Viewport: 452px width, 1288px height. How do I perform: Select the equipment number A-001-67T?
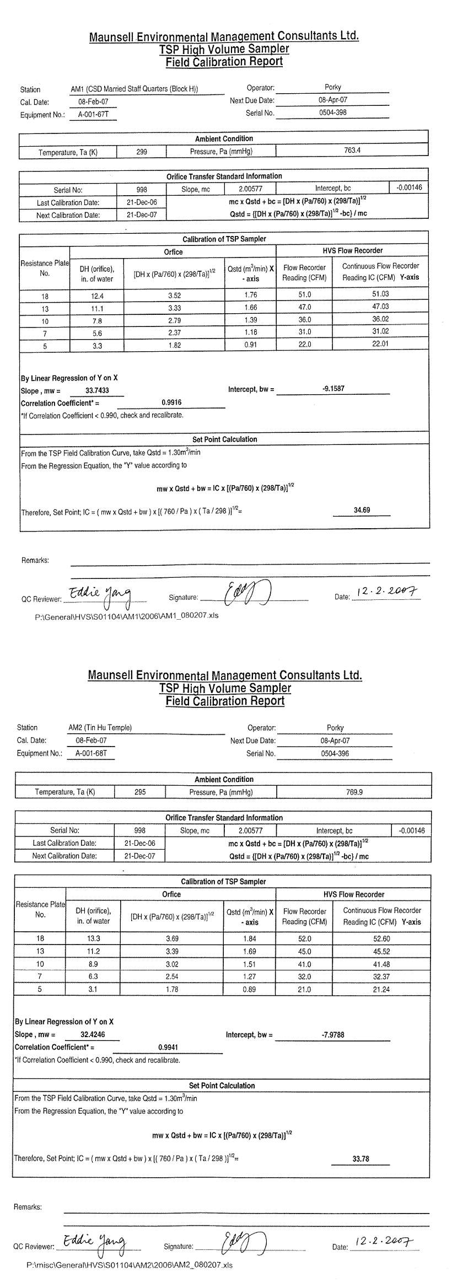[x=91, y=115]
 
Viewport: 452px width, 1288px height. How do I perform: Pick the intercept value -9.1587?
[x=333, y=389]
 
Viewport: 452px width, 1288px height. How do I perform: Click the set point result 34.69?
[x=362, y=510]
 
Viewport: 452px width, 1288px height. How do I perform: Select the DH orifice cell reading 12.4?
[x=93, y=296]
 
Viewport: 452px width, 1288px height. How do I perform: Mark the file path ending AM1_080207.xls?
[x=126, y=615]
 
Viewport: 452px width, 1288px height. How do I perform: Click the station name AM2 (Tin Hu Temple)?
[x=100, y=727]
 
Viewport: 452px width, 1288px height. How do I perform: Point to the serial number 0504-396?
[x=335, y=753]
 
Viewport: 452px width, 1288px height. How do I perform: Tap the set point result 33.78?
[x=360, y=1158]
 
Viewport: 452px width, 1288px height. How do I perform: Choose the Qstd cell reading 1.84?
[x=250, y=938]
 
